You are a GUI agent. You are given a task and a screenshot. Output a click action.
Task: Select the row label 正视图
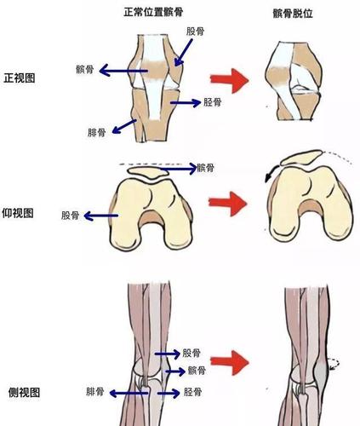click(x=20, y=78)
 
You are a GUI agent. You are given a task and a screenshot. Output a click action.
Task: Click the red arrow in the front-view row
click(x=231, y=82)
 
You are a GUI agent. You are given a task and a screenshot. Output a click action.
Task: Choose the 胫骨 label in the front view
click(x=214, y=101)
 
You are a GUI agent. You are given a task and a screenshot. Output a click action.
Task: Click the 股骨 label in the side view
click(x=192, y=352)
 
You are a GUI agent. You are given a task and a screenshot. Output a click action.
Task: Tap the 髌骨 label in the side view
click(x=198, y=371)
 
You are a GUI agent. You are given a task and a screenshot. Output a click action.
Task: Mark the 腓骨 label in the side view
click(x=97, y=393)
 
